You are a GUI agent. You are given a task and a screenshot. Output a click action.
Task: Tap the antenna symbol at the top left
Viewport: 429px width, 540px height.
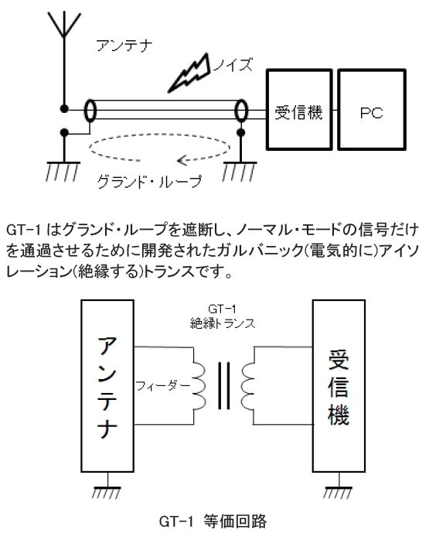[63, 24]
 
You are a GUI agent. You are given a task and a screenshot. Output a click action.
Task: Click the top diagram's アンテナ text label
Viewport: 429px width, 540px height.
[124, 46]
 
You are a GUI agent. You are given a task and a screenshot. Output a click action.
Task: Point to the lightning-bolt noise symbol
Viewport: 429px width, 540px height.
[189, 73]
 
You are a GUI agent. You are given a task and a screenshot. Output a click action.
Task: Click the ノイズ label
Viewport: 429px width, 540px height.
[233, 64]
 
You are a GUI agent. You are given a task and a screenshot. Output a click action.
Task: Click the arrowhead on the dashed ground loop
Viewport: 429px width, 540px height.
[182, 160]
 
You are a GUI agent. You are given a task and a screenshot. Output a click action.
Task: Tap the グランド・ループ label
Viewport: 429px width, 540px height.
[149, 181]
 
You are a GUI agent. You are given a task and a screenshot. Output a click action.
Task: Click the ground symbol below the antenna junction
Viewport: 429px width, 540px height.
[63, 171]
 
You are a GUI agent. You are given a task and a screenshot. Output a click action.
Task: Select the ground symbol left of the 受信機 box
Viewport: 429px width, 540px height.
[240, 171]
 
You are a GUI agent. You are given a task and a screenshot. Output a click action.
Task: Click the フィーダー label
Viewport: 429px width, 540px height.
[163, 386]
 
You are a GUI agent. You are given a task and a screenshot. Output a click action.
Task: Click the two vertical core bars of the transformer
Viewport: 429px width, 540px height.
[223, 386]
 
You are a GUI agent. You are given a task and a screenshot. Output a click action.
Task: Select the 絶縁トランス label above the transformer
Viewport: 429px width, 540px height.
[223, 323]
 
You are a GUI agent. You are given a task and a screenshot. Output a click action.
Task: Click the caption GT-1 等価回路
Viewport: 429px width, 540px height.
[213, 521]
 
